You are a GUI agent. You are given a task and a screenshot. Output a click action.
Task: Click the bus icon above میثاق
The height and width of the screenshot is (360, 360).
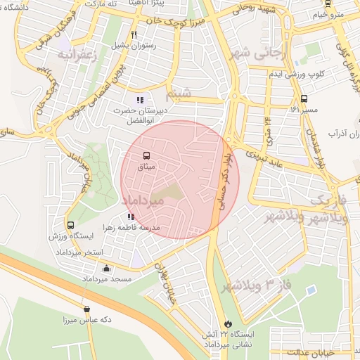(x=146, y=155)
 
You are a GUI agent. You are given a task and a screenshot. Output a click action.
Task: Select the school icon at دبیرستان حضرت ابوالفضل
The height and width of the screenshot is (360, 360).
(x=140, y=99)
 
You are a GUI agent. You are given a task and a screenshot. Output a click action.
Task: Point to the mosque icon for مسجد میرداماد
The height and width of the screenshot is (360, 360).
(x=106, y=268)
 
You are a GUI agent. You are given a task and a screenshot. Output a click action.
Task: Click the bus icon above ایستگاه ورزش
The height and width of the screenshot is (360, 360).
(x=70, y=226)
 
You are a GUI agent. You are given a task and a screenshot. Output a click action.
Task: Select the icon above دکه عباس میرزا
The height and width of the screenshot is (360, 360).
(x=86, y=309)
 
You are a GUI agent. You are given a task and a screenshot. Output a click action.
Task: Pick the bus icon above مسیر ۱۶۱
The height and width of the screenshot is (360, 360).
(x=304, y=98)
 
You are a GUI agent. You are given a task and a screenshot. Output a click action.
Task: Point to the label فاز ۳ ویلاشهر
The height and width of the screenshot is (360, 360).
(x=250, y=286)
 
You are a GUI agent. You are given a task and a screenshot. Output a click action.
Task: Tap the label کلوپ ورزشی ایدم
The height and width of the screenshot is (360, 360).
(x=318, y=74)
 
